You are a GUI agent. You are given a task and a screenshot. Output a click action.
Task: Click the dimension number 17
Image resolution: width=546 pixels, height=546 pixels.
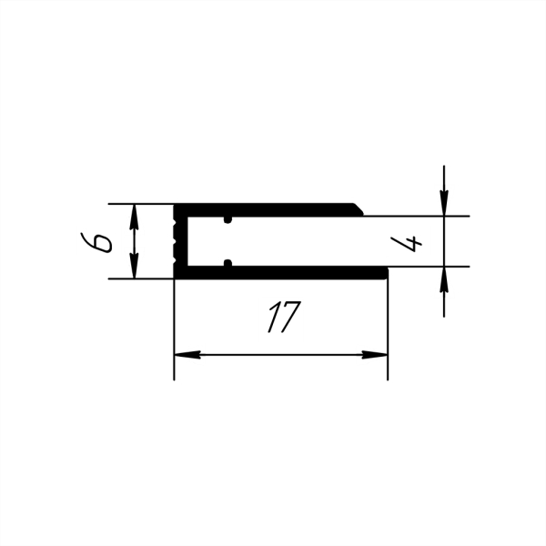click(x=283, y=317)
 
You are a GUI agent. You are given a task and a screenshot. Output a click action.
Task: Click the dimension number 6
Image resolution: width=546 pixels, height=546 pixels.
click(x=96, y=242)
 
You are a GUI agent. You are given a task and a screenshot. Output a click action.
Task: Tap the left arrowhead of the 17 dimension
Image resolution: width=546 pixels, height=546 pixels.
click(x=187, y=355)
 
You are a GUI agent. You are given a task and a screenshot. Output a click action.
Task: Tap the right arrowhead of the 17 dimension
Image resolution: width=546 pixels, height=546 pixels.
click(x=375, y=355)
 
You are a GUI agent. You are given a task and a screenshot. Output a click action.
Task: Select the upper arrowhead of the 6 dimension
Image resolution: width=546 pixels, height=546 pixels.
click(x=134, y=217)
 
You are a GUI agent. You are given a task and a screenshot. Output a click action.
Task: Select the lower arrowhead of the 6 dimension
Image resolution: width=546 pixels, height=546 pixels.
click(x=134, y=266)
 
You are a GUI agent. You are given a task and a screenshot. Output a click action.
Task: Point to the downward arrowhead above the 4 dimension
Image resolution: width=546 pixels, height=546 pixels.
click(x=444, y=203)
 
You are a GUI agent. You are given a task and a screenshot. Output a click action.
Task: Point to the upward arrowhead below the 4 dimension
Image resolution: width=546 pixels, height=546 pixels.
click(x=444, y=279)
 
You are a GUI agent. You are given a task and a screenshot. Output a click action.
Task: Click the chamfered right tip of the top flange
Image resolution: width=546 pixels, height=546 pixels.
click(x=359, y=209)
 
